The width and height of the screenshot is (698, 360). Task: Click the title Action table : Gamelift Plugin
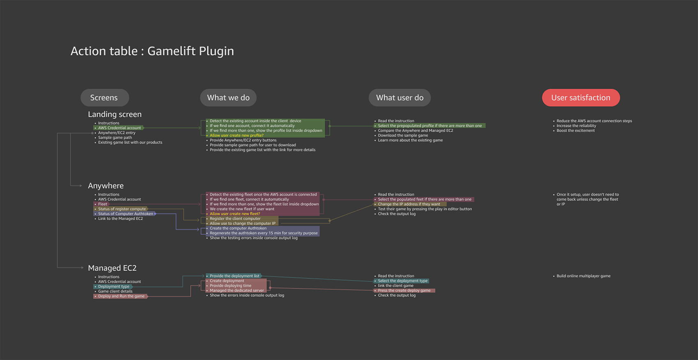point(152,51)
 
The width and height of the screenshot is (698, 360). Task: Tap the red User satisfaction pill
point(581,98)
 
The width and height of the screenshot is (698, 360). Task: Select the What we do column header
point(228,98)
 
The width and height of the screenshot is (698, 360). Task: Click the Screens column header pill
point(104,98)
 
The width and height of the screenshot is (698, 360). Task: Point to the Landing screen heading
point(115,115)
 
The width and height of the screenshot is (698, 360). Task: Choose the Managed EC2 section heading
point(112,268)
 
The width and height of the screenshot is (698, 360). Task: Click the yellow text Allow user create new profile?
point(236,135)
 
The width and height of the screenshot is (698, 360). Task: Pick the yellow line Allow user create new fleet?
point(235,214)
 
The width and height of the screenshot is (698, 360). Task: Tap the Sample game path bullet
point(115,138)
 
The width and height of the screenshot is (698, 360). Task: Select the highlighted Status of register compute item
point(122,209)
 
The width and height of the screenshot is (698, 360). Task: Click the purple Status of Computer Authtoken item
point(125,214)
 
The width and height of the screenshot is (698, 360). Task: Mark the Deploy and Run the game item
point(121,296)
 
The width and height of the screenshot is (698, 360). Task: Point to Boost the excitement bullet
point(575,131)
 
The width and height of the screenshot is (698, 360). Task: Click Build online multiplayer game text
point(583,276)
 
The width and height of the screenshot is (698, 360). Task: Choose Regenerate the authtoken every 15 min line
point(264,233)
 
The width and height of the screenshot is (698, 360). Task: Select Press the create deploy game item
point(404,291)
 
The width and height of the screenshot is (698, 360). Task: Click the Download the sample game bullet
point(403,135)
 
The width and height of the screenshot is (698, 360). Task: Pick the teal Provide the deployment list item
point(234,276)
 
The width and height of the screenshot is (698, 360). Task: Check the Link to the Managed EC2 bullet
point(120,219)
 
